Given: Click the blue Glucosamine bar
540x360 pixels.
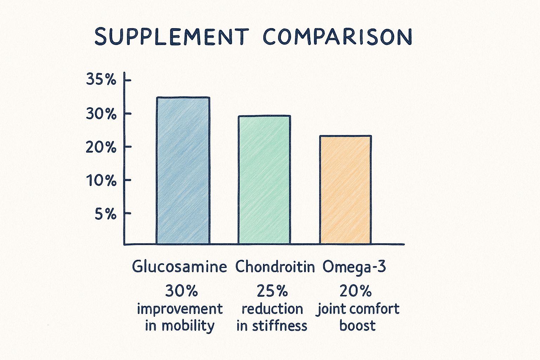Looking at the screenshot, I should [183, 171].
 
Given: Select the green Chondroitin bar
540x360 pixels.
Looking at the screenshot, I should [264, 180].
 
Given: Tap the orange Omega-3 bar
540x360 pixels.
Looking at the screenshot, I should [345, 190].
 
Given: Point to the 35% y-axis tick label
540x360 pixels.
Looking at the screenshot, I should [101, 80].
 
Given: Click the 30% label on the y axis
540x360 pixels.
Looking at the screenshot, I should [101, 114].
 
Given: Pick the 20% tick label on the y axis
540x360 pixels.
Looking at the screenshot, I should [101, 147].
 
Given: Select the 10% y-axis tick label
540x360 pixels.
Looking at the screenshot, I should [101, 181].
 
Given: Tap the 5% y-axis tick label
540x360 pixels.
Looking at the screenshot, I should [105, 214].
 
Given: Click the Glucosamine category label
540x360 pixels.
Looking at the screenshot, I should [179, 267].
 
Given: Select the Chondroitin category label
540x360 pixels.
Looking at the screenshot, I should [275, 267].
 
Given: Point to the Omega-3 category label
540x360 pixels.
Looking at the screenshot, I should [354, 267].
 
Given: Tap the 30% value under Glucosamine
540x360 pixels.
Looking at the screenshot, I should [181, 291].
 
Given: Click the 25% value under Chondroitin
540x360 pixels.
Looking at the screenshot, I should [272, 291].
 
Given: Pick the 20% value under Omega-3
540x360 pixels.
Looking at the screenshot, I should [355, 291].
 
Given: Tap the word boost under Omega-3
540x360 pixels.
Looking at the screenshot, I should [357, 326].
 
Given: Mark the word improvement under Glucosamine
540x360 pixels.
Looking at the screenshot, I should [180, 309].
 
